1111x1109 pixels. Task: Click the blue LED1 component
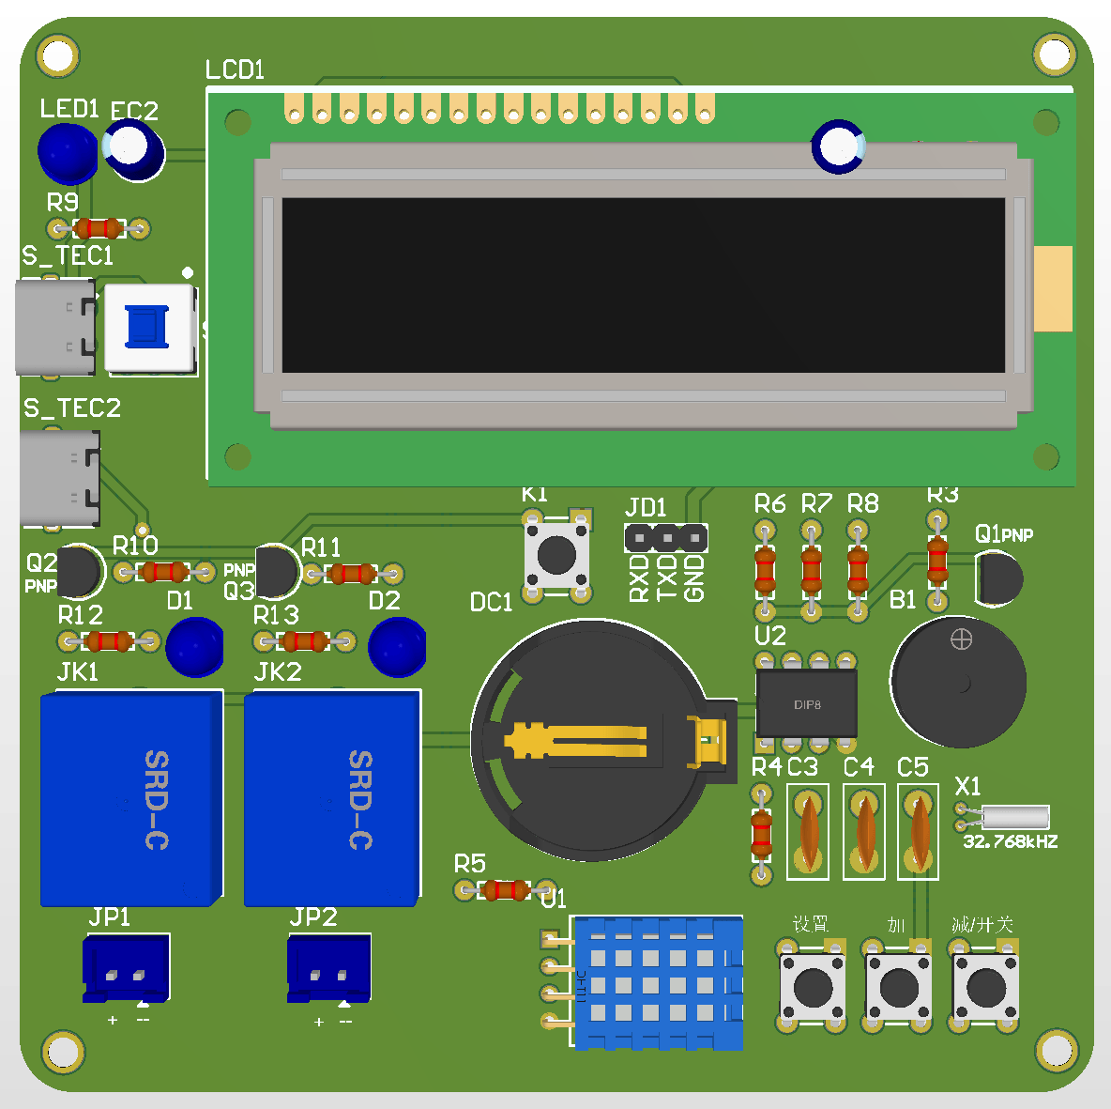pos(67,153)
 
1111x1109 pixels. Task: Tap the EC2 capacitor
pos(134,151)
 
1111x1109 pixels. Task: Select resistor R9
pos(99,228)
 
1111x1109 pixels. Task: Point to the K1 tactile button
pos(556,555)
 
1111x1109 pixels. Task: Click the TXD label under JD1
pos(666,578)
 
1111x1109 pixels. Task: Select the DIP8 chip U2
pos(806,703)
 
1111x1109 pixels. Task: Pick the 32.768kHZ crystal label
pos(1010,842)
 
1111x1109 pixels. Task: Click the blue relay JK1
pos(131,799)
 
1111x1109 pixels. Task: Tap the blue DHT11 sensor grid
pos(658,983)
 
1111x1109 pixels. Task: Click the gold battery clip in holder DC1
pos(577,741)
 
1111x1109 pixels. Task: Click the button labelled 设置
pos(812,986)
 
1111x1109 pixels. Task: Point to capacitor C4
pos(863,832)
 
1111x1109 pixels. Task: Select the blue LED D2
pos(396,647)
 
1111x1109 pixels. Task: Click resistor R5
pos(505,890)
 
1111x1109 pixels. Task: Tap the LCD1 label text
pos(235,69)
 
